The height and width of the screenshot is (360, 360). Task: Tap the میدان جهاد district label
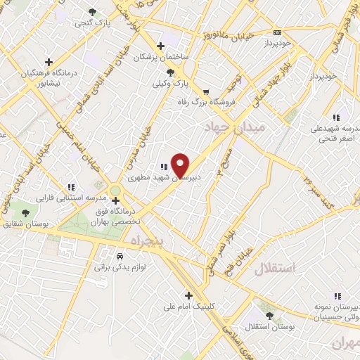pyautogui.click(x=234, y=128)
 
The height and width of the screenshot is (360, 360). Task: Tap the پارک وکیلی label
pyautogui.click(x=172, y=84)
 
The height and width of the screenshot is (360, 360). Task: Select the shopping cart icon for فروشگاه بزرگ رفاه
pyautogui.click(x=206, y=91)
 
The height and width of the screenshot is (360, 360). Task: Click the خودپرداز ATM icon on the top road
pyautogui.click(x=277, y=32)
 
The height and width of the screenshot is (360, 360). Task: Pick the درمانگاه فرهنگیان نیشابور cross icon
pyautogui.click(x=49, y=62)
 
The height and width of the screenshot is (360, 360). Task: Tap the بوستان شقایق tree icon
pyautogui.click(x=26, y=212)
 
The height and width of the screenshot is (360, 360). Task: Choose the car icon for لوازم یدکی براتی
pyautogui.click(x=120, y=257)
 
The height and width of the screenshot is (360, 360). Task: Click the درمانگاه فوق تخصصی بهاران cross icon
pyautogui.click(x=116, y=200)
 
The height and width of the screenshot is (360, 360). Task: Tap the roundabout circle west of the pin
pyautogui.click(x=115, y=191)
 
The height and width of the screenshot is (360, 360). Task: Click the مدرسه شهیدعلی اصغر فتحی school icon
pyautogui.click(x=336, y=117)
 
